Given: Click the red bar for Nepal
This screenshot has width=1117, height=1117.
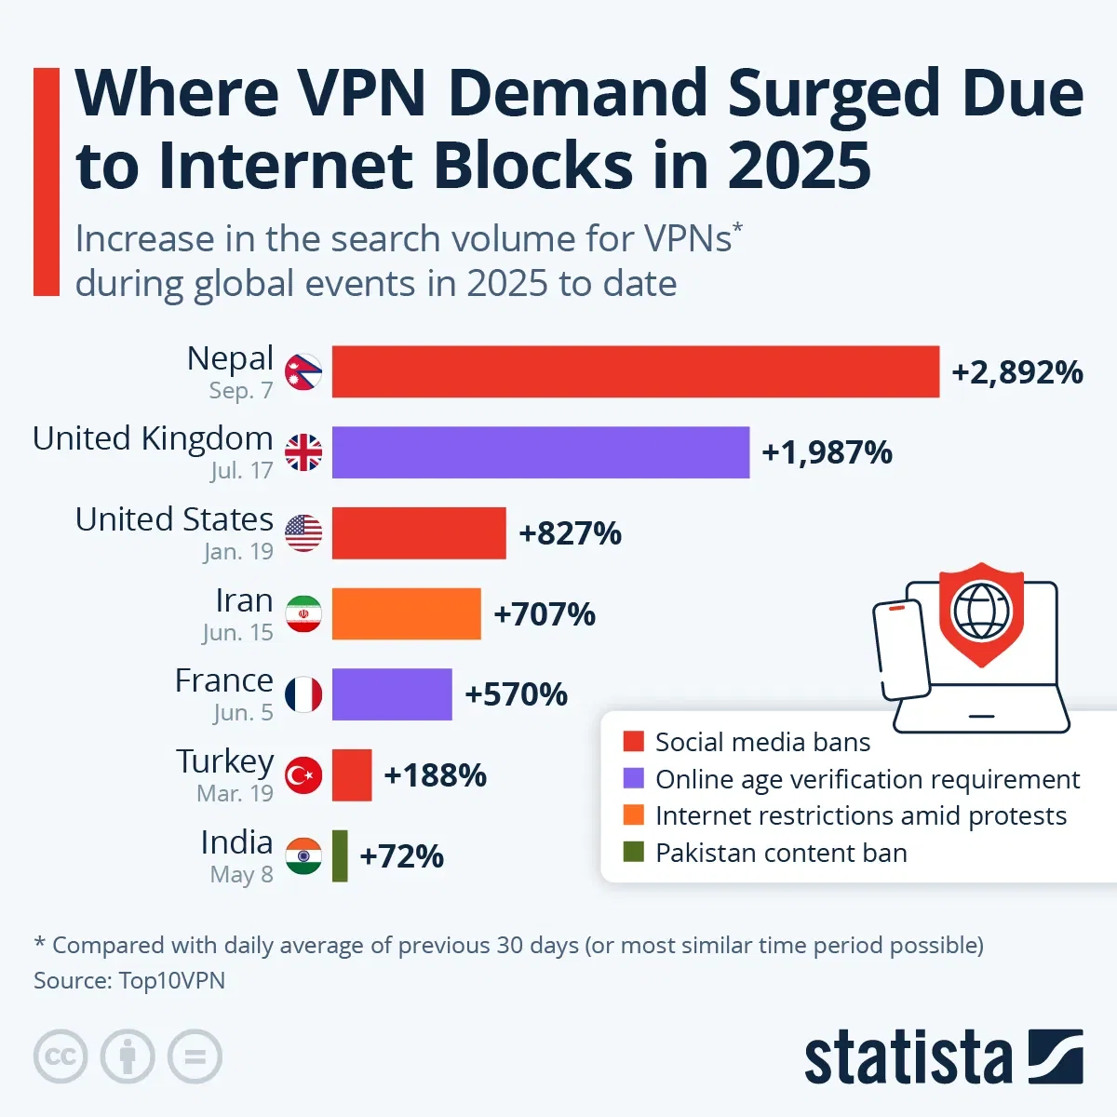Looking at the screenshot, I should click(635, 372).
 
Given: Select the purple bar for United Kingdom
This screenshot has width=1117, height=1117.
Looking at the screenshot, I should click(540, 452).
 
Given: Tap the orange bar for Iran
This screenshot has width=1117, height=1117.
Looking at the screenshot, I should click(406, 614).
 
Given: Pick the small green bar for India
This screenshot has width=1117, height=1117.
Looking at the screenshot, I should click(340, 855).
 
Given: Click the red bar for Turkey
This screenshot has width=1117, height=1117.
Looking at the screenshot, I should click(352, 775).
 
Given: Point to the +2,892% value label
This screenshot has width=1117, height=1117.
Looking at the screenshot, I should click(1016, 372).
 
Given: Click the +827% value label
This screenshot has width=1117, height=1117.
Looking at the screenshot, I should click(570, 533).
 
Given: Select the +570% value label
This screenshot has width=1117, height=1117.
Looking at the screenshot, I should click(516, 694).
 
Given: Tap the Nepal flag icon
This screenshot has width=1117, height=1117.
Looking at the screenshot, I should click(303, 372).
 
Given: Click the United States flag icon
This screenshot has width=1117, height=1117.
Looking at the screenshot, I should click(303, 533).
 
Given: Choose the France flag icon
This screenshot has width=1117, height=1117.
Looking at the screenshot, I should click(303, 694).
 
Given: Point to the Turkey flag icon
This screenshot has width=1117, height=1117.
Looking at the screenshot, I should click(303, 775).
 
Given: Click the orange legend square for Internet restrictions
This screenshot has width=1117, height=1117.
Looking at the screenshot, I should click(634, 815).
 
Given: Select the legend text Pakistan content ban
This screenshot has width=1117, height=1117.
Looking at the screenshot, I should click(780, 853).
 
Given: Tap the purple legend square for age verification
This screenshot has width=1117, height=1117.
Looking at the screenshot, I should click(634, 778).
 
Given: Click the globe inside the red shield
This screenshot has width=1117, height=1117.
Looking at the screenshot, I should click(981, 610).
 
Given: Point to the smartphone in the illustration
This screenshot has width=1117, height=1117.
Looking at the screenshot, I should click(901, 649).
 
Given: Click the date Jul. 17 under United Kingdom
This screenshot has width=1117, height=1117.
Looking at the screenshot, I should click(241, 471).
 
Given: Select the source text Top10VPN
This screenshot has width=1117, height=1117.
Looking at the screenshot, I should click(171, 980).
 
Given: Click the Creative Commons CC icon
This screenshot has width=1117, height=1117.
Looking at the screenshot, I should click(61, 1056).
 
